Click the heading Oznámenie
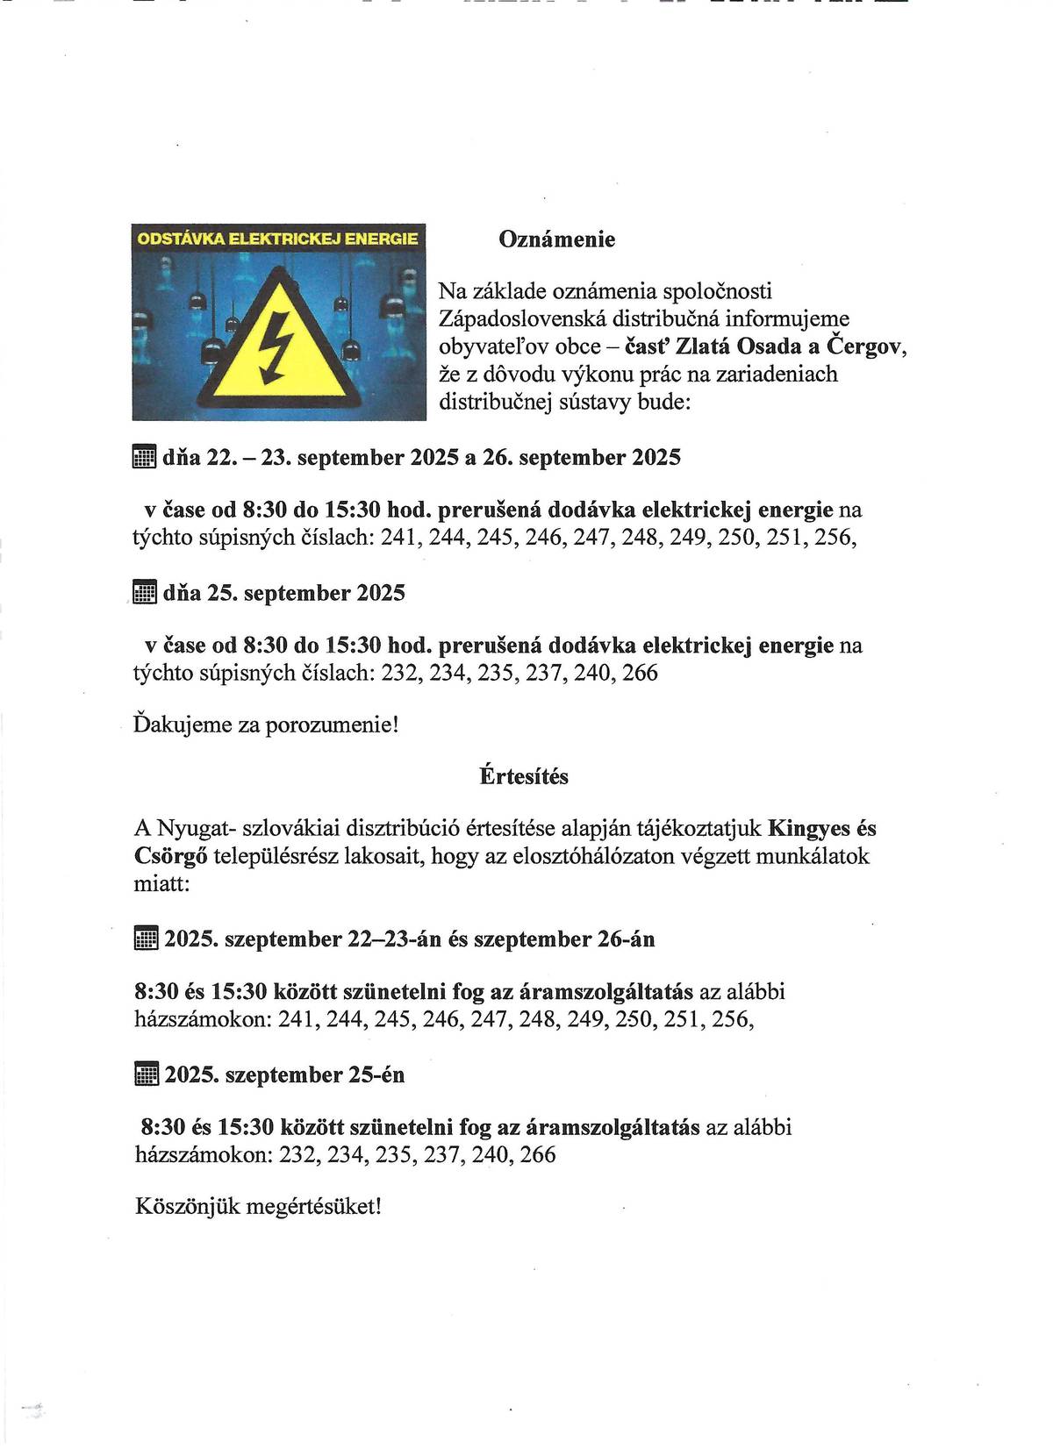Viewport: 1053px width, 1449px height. [556, 239]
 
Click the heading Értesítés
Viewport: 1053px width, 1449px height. [524, 776]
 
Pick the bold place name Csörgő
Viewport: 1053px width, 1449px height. [170, 856]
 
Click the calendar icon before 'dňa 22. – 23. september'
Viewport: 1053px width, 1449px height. [144, 457]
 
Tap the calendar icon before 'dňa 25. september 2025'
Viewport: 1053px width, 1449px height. [144, 593]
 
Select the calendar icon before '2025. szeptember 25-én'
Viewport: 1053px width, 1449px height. [146, 1074]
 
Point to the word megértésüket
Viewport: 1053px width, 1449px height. [313, 1206]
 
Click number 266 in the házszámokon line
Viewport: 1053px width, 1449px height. [538, 1154]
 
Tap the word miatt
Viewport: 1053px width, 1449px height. [161, 883]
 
